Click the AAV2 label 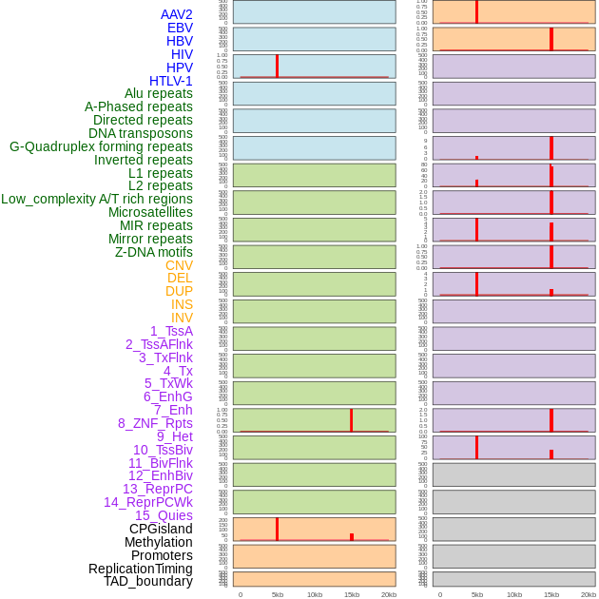pos(176,14)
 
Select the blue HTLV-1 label pos(170,81)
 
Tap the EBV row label pos(180,28)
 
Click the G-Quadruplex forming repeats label pos(101,146)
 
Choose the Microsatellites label pos(150,212)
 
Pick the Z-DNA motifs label pos(153,252)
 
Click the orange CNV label pos(179,265)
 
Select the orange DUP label pos(179,291)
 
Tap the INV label pos(182,318)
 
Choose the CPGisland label pos(161,529)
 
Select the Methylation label pos(158,542)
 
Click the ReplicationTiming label pos(140,569)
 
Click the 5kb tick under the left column pos(278,594)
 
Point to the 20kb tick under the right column pos(589,594)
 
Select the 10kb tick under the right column pos(514,594)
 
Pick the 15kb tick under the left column pos(352,594)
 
